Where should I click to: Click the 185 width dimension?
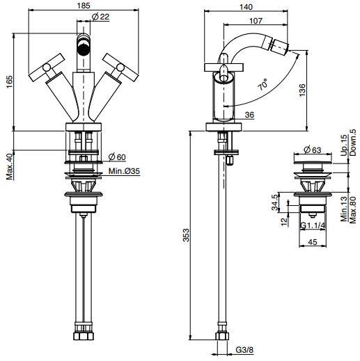point(84,6)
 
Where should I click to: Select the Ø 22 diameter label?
point(100,17)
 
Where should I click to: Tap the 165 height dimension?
point(10,81)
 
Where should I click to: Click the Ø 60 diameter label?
point(117,157)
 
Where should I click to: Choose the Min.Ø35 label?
point(124,171)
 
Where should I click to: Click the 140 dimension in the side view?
point(246,7)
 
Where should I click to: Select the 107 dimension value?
point(256,21)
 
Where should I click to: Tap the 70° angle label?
point(263,84)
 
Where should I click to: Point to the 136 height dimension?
point(302,90)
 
